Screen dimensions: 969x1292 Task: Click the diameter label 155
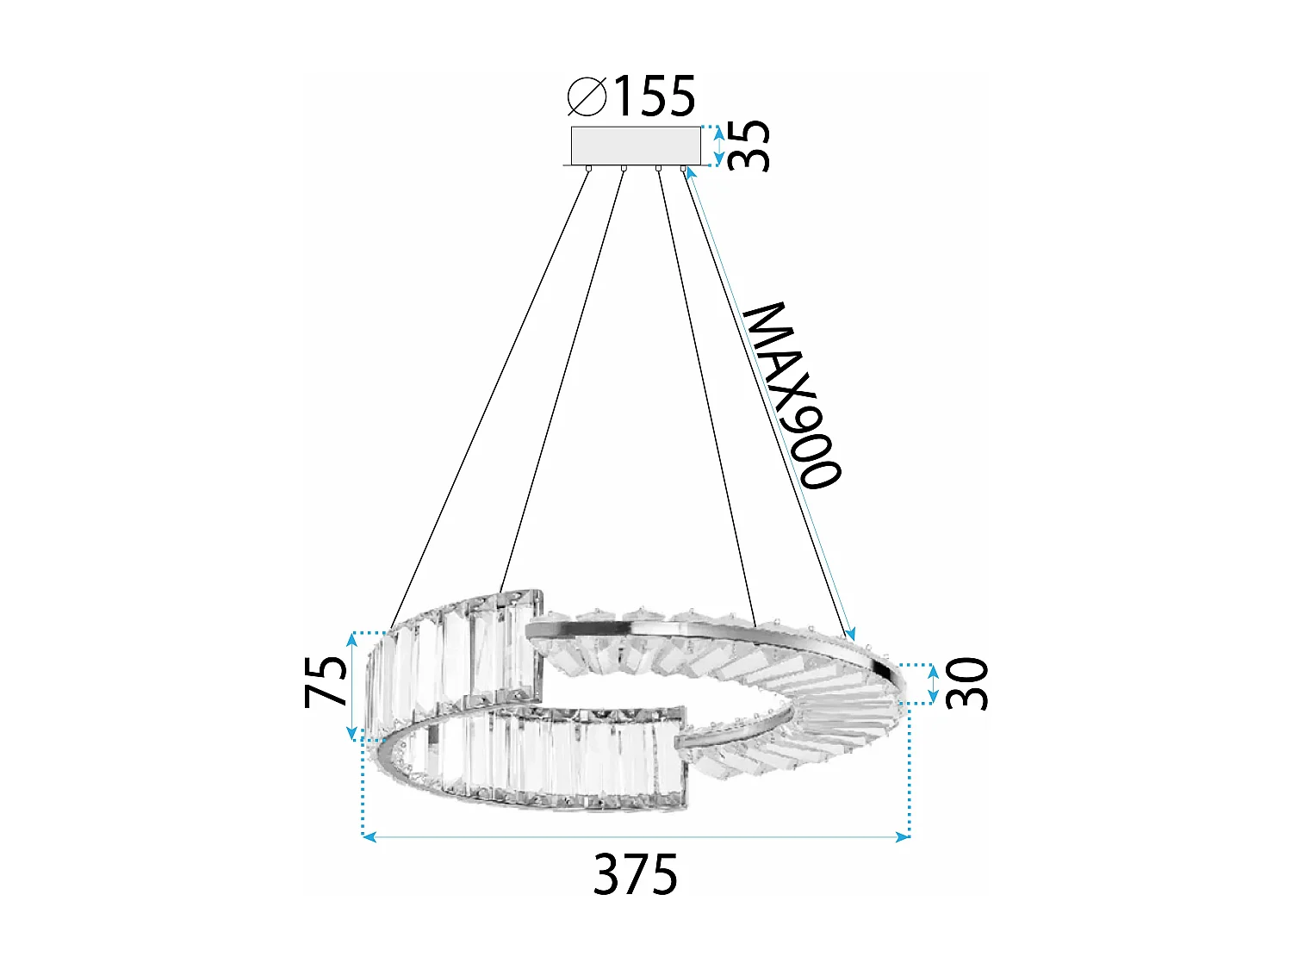[654, 96]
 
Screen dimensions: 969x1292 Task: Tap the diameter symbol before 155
[587, 96]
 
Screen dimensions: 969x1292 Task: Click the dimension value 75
[326, 682]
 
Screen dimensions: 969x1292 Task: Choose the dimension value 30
[967, 683]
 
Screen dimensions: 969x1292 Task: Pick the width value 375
[636, 874]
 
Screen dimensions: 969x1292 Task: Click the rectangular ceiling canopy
[636, 145]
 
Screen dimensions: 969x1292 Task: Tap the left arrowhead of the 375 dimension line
[369, 835]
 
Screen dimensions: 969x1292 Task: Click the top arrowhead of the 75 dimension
[351, 638]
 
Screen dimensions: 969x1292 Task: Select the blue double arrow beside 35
[719, 145]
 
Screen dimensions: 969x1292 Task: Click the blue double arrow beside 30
[933, 684]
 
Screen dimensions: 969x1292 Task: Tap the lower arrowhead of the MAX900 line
[851, 636]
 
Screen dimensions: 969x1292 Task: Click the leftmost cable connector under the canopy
[588, 169]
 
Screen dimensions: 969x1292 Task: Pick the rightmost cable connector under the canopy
[684, 169]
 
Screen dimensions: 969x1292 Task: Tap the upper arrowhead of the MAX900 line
[690, 172]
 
